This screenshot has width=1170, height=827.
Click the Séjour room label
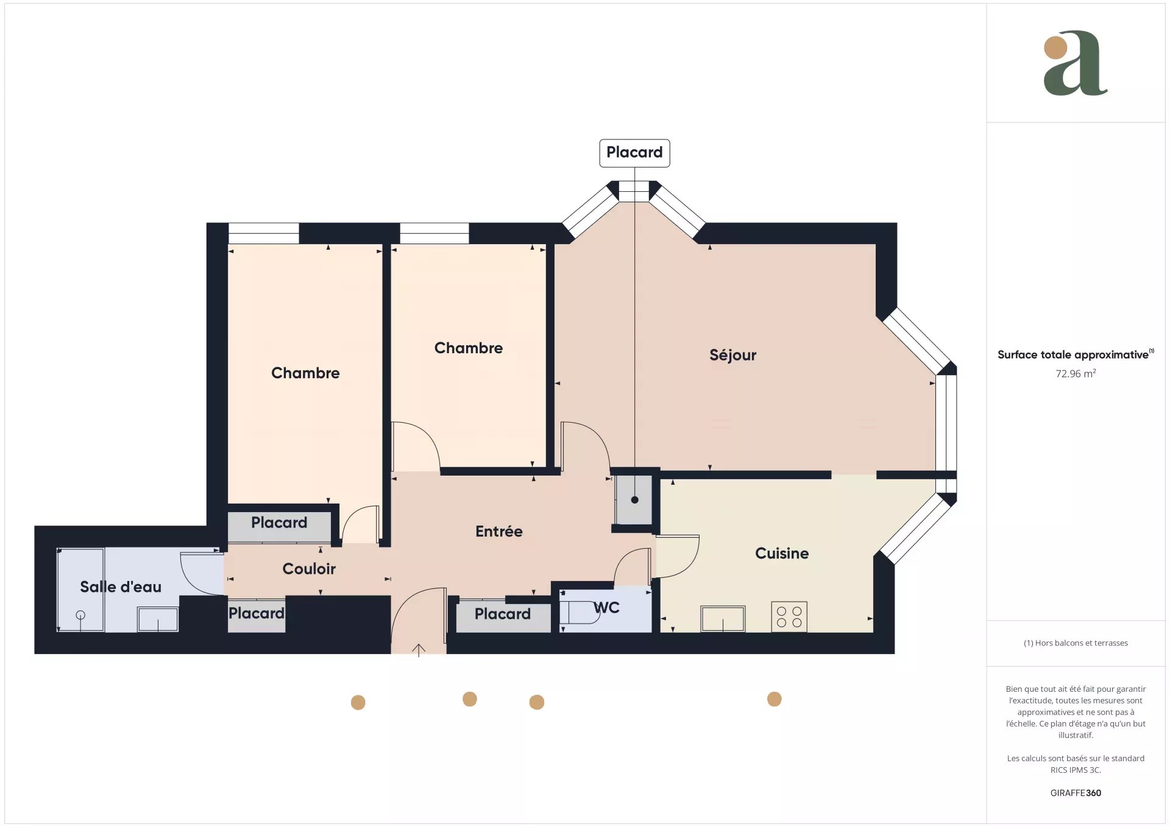732,355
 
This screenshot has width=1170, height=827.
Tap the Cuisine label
782,553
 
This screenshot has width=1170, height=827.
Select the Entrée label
498,531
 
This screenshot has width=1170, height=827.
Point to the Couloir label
309,569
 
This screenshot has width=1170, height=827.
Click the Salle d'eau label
121,586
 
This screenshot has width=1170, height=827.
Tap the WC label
606,608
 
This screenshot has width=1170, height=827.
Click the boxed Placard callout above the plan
634,153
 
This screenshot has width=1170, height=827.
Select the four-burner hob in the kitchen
789,616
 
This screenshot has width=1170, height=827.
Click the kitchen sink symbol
723,619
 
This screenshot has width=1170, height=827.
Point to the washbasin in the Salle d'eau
158,619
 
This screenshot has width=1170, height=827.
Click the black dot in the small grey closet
634,500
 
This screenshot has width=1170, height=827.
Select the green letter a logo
1076,63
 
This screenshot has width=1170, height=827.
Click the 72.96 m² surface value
1076,373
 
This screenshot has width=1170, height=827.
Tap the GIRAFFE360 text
1076,793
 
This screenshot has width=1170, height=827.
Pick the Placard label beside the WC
502,614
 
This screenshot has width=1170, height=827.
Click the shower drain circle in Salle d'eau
80,615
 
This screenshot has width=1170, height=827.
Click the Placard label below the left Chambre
279,523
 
